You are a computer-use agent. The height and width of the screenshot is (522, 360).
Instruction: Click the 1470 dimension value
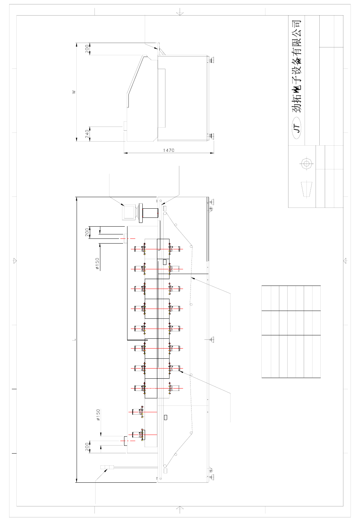point(168,150)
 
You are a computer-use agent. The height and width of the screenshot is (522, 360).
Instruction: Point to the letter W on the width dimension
point(74,92)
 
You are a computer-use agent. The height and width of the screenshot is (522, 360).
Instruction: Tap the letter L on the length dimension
point(74,340)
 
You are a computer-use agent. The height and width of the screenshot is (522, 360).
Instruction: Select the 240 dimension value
point(87,134)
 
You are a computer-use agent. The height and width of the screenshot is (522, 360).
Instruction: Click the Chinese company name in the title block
point(297,66)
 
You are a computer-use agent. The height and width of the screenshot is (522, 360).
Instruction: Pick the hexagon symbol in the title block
point(305,164)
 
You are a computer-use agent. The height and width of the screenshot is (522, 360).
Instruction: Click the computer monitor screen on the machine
point(129,212)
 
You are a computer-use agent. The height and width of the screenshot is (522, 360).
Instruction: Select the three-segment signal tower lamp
point(107,467)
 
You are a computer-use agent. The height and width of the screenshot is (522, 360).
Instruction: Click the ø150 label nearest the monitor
point(98,264)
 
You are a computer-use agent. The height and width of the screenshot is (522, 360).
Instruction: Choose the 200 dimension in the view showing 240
point(87,49)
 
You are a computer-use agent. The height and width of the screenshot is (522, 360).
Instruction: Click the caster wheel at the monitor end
point(211,209)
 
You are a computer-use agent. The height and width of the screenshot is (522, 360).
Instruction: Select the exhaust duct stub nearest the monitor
point(125,238)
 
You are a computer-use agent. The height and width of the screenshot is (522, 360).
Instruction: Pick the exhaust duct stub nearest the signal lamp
point(125,441)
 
